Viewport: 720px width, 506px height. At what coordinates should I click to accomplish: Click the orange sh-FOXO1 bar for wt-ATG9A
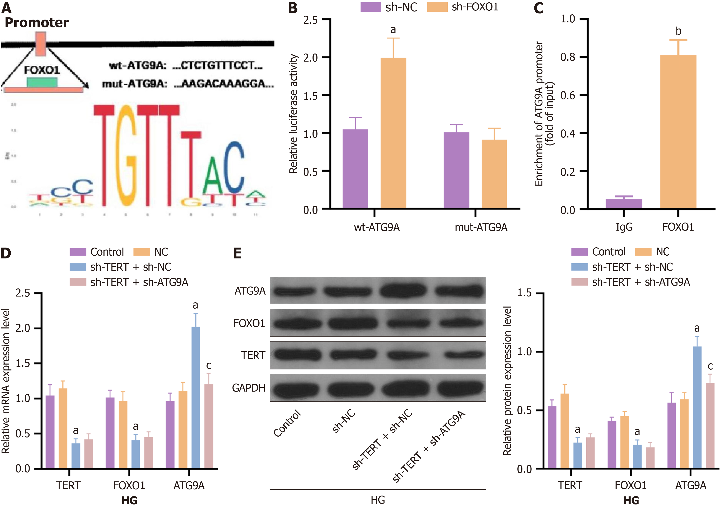pos(393,133)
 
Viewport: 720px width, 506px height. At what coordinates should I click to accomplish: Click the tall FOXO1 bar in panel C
pos(678,132)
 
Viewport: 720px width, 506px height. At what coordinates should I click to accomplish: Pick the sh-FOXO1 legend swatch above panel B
pos(437,7)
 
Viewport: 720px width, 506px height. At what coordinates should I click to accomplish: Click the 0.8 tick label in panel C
pos(568,57)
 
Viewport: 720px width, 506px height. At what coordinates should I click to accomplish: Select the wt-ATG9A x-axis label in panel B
pos(377,227)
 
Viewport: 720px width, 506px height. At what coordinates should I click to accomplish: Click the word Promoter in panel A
pos(37,23)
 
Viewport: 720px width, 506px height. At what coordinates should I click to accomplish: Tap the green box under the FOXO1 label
pos(42,82)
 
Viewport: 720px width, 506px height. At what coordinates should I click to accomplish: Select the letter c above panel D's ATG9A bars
pos(209,365)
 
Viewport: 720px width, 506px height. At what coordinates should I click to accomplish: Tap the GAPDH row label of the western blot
pos(249,388)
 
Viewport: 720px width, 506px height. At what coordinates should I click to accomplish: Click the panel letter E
pos(237,253)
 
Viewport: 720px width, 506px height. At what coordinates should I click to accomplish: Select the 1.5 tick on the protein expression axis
pos(524,293)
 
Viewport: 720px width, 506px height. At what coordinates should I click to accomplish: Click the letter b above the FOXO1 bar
pos(678,31)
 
